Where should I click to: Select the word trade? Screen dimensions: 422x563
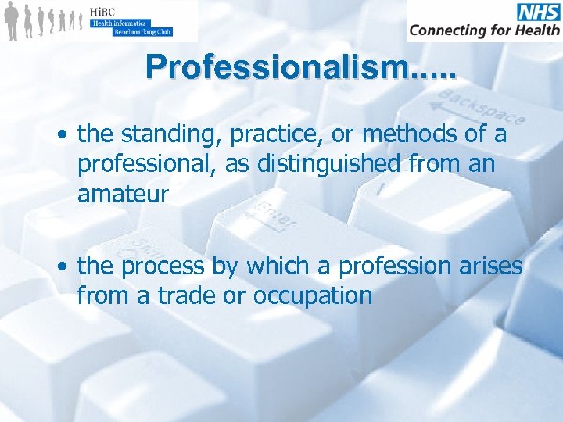[x=185, y=296]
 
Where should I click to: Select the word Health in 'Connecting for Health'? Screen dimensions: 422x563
[x=536, y=30]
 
